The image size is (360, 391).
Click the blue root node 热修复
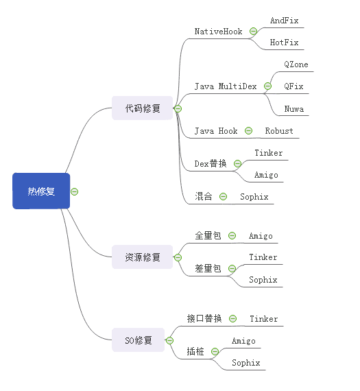[x=41, y=191]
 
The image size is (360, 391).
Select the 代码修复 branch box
[x=142, y=108]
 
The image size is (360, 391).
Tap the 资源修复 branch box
[x=142, y=257]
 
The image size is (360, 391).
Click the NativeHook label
[x=218, y=32]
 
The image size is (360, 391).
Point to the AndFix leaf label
[x=284, y=21]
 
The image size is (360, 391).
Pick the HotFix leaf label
[x=284, y=43]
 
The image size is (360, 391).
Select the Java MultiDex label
[x=226, y=86]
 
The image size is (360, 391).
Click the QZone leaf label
[x=296, y=64]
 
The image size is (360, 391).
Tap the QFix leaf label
[x=293, y=86]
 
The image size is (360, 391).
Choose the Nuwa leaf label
[x=293, y=108]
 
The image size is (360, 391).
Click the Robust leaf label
[x=279, y=130]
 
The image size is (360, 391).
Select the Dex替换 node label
[x=211, y=163]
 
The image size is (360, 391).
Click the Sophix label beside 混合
[x=254, y=196]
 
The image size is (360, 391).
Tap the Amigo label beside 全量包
[x=261, y=235]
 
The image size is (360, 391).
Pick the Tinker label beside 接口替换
[x=263, y=318]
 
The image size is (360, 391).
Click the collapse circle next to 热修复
[x=75, y=191]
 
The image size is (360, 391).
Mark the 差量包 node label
[x=208, y=268]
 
